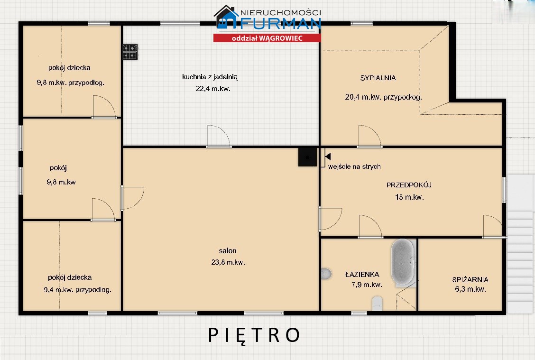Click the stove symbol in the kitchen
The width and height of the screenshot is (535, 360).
[x=130, y=52]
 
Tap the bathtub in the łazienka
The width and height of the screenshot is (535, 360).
[x=403, y=262]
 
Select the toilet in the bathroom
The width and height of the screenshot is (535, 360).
[x=377, y=304]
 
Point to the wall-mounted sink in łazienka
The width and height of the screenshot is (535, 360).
[x=326, y=274]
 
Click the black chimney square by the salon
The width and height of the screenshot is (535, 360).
[x=307, y=157]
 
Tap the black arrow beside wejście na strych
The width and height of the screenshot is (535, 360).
[x=328, y=156]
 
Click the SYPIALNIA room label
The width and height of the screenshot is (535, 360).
[x=378, y=78]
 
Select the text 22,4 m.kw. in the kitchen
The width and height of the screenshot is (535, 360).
[x=213, y=89]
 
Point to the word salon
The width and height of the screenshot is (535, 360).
[x=228, y=250]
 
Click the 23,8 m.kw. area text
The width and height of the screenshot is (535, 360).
[x=228, y=262]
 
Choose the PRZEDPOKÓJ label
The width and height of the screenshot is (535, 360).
[x=409, y=185]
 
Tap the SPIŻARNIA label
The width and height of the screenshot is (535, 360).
[x=470, y=280]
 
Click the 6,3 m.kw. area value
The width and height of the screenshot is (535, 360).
[x=470, y=289]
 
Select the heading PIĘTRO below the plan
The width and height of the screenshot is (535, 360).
[x=254, y=335]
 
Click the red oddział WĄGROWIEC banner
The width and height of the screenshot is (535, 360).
[x=267, y=38]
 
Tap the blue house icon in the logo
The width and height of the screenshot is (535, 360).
[x=226, y=17]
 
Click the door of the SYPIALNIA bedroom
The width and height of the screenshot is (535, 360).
[x=369, y=137]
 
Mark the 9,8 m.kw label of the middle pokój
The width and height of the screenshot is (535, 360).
[x=61, y=182]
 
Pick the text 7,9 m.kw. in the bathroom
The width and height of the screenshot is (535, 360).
[x=367, y=285]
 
